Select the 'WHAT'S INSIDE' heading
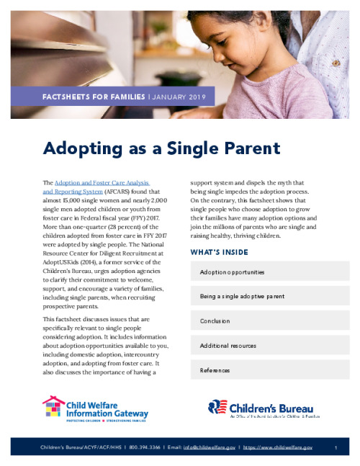coord(219,252)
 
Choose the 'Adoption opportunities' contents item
coord(232,272)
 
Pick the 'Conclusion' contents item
coord(215,321)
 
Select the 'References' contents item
coord(215,370)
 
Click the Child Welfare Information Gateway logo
coord(95,408)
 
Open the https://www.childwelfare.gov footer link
coord(278,448)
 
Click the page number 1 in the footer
coord(336,448)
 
